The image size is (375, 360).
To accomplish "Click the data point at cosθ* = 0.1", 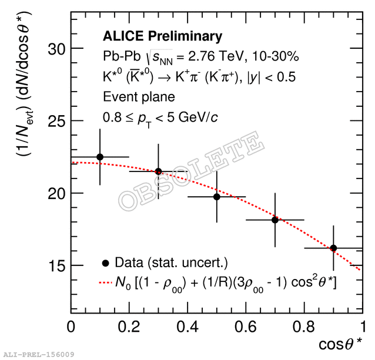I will (100, 157).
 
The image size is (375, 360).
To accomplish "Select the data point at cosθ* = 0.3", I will (158, 171).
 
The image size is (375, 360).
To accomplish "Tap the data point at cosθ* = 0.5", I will (216, 197).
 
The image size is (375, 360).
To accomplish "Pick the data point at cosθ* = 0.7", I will (274, 220).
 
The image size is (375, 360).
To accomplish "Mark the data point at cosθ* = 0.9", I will (333, 248).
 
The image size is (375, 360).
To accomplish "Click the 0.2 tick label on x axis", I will (129, 326).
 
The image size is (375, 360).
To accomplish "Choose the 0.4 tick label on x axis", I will (187, 326).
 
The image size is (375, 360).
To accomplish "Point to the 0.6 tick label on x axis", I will (246, 326).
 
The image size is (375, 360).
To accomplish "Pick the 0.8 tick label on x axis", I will (304, 326).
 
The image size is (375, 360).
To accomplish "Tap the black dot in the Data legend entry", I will (106, 262).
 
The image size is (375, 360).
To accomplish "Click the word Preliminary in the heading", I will (186, 36).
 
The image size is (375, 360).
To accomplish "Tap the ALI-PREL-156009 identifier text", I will (39, 355).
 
